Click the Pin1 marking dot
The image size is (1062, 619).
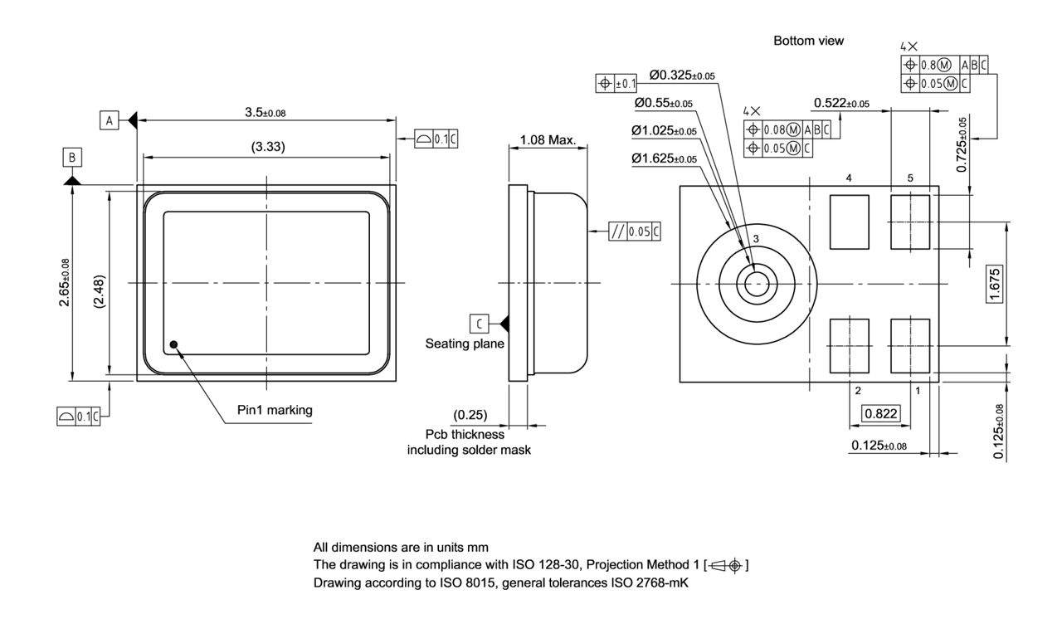(174, 344)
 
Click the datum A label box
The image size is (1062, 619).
(110, 121)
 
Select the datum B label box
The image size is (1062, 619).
(72, 157)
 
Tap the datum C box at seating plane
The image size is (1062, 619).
(480, 323)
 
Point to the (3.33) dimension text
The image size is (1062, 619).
(268, 147)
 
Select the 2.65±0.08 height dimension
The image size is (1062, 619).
(65, 283)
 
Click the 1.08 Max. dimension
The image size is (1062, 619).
(548, 140)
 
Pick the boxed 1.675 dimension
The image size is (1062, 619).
(996, 283)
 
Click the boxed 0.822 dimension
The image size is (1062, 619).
(880, 413)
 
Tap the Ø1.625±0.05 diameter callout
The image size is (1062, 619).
(664, 158)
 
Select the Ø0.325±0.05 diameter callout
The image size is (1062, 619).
(682, 76)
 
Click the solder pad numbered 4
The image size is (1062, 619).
(850, 222)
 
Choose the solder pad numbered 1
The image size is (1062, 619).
(909, 345)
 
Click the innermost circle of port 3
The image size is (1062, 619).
(755, 284)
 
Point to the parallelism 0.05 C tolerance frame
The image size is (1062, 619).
(635, 231)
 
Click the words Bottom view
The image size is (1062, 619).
(808, 41)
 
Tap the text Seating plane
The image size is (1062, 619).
(465, 343)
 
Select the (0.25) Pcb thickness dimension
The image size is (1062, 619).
(470, 414)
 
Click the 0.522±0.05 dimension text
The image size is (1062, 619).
(841, 103)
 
